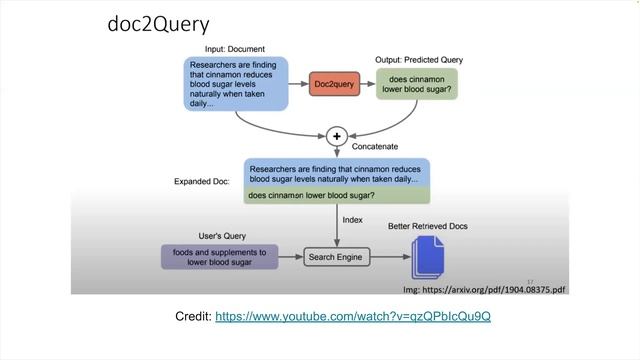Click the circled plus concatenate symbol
coord(336,135)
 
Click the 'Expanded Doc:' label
coord(202,182)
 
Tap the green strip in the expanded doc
coord(337,195)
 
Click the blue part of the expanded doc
coord(337,172)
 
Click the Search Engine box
coord(337,257)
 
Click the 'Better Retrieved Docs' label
coord(427,227)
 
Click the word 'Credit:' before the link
coord(192,316)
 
